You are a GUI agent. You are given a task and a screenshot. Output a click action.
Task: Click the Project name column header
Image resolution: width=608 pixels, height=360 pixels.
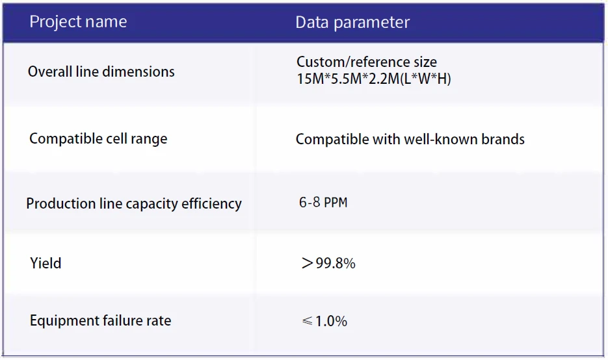(x=78, y=21)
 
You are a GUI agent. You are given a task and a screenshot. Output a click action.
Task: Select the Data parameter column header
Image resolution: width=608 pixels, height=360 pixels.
(x=352, y=23)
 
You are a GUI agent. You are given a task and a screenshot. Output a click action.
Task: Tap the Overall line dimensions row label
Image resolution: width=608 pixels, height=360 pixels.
(x=101, y=71)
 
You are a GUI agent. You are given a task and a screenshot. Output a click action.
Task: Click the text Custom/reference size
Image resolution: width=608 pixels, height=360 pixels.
(x=367, y=62)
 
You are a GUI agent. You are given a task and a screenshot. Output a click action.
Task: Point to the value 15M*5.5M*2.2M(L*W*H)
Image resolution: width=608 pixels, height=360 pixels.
(x=373, y=79)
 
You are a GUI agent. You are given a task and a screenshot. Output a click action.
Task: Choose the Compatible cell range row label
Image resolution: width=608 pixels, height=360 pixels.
(x=98, y=138)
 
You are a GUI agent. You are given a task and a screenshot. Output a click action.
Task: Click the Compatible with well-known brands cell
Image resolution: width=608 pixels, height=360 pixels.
(x=410, y=139)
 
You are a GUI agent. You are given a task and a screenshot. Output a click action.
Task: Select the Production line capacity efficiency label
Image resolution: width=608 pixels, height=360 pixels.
(x=134, y=203)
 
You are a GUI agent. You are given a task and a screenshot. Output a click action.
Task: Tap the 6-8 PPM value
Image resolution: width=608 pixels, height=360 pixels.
(x=323, y=202)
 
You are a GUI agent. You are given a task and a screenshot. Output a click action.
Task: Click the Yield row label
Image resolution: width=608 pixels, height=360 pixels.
(x=46, y=264)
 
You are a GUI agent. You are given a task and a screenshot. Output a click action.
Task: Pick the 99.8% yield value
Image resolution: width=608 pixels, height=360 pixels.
(x=336, y=264)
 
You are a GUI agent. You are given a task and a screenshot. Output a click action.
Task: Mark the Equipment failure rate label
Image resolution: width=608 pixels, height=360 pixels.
(x=100, y=320)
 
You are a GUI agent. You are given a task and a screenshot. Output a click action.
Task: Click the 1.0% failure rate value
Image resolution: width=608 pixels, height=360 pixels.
(x=331, y=321)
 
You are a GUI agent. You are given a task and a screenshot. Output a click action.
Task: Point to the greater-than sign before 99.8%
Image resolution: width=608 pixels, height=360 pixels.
(x=307, y=264)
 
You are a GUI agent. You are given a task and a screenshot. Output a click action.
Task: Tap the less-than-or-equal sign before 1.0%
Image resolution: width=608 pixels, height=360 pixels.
(x=307, y=321)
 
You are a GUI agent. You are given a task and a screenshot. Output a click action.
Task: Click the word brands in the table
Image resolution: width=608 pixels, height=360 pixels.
(x=503, y=139)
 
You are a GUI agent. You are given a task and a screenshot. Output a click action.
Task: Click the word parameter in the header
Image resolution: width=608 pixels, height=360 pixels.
(x=371, y=23)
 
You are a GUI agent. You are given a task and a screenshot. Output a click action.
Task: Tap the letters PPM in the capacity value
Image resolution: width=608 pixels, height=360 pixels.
(x=336, y=202)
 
